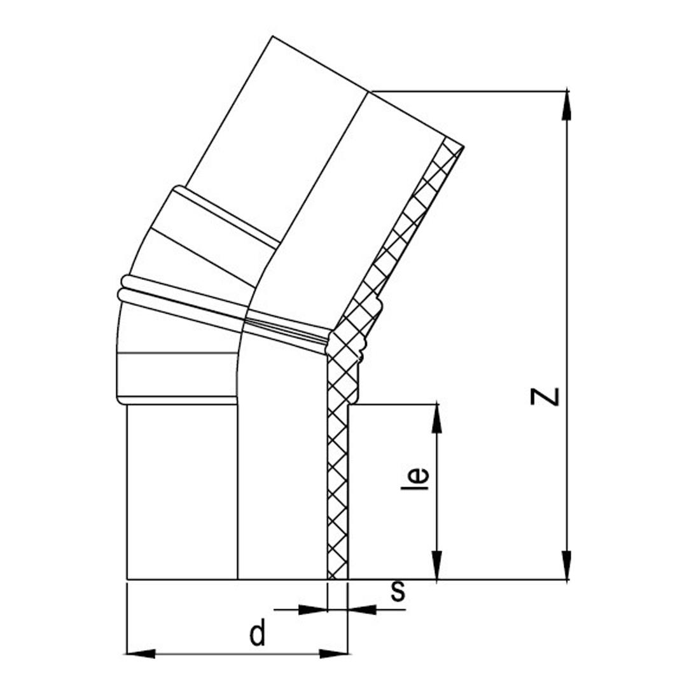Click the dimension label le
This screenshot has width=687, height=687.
tap(415, 478)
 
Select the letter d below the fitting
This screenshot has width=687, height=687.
tap(258, 634)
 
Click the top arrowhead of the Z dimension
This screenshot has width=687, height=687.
tap(567, 104)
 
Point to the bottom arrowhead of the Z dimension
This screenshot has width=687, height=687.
tap(567, 566)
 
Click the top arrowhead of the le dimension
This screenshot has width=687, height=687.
tap(437, 418)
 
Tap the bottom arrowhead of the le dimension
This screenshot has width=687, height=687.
tap(437, 566)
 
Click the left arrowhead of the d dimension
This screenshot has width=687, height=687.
tap(141, 654)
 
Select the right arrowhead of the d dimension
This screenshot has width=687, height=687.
tap(334, 654)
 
